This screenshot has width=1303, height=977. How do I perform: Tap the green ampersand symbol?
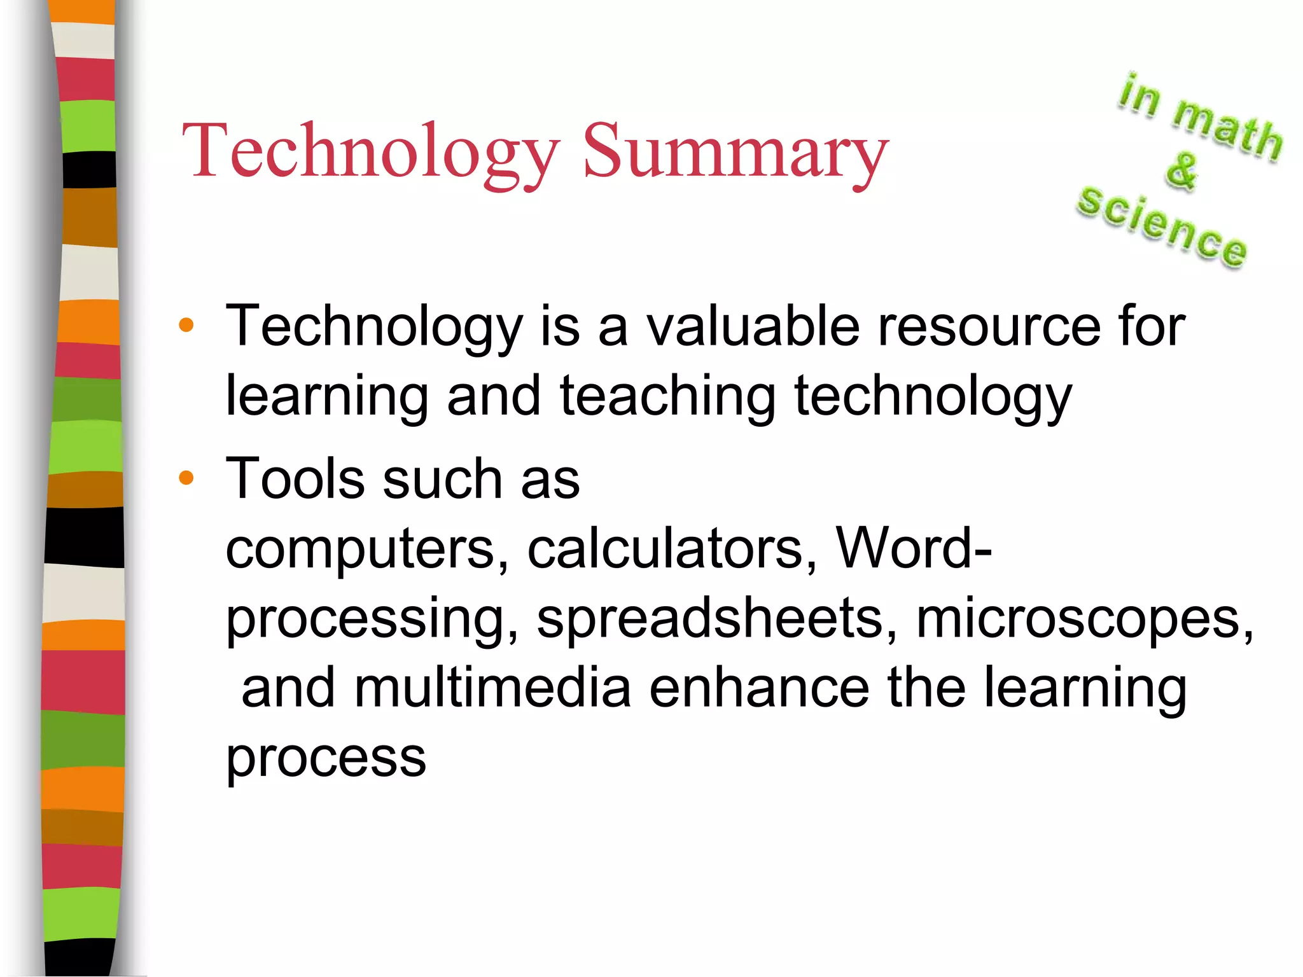point(1181,170)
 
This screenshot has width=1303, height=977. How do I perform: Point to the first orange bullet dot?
point(186,326)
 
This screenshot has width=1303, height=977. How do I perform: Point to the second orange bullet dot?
point(186,478)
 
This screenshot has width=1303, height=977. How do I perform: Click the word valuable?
point(753,326)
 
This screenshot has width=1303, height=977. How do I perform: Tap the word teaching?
point(668,396)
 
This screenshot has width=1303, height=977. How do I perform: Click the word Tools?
point(295,478)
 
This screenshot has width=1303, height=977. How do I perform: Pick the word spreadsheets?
point(716,618)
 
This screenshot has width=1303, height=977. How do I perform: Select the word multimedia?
point(492,688)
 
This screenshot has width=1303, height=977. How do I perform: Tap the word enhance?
point(759,688)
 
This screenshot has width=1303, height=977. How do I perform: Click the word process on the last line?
point(326,758)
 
